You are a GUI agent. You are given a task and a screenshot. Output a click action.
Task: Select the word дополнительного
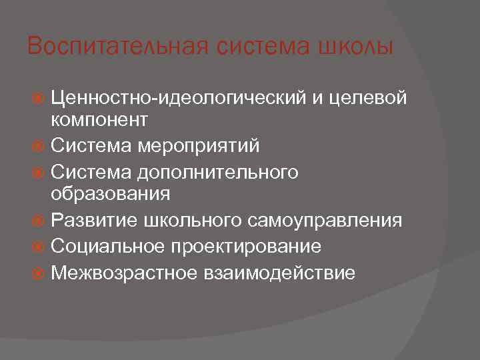pyautogui.click(x=217, y=171)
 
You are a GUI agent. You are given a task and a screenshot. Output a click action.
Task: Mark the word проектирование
pyautogui.click(x=246, y=247)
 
